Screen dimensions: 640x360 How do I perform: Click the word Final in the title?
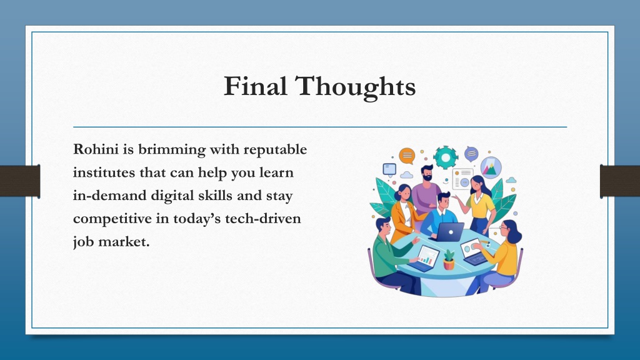pyautogui.click(x=255, y=86)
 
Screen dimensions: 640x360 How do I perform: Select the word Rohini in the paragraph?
pyautogui.click(x=96, y=149)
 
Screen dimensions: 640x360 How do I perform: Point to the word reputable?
pyautogui.click(x=275, y=150)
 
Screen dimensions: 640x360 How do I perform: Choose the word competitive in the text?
pyautogui.click(x=112, y=219)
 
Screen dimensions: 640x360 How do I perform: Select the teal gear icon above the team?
pyautogui.click(x=445, y=157)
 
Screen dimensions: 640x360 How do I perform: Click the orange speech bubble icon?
pyautogui.click(x=407, y=156)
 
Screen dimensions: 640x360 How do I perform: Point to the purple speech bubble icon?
pyautogui.click(x=471, y=154)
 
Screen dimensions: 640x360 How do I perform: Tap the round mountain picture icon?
pyautogui.click(x=491, y=167)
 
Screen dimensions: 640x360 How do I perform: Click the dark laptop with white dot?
pyautogui.click(x=450, y=232)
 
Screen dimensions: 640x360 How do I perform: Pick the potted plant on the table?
pyautogui.click(x=449, y=259)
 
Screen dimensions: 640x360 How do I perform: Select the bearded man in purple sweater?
pyautogui.click(x=426, y=190)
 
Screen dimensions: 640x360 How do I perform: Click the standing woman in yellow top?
pyautogui.click(x=481, y=204)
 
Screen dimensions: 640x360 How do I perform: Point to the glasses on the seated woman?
pyautogui.click(x=504, y=227)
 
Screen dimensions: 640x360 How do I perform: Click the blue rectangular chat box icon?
pyautogui.click(x=389, y=169)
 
